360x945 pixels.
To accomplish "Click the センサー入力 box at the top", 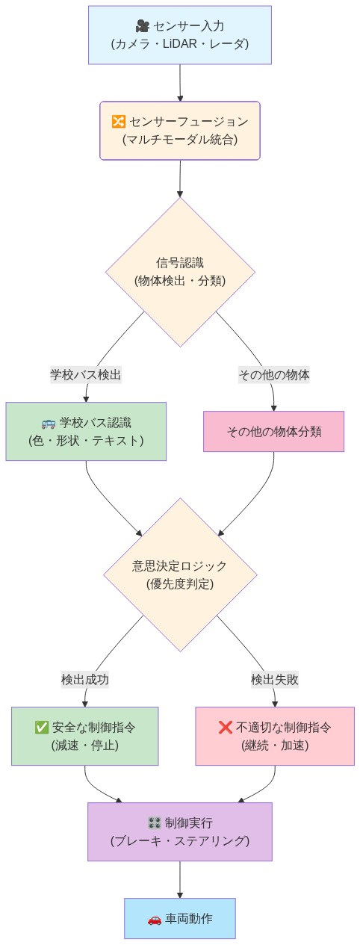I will pos(179,35).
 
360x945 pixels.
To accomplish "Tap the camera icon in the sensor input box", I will pos(142,27).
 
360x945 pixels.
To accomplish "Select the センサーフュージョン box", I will pos(179,131).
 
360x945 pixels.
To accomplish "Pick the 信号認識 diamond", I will pos(179,272).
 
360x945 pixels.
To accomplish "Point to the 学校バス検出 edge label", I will pos(85,374).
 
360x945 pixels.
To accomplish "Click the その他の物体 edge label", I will pos(273,374).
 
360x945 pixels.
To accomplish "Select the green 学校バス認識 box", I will pos(85,431).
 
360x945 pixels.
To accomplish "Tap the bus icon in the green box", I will pos(49,423).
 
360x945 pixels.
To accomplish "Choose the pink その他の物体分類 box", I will pos(273,432).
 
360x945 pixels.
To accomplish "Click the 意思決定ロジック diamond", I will pos(179,574).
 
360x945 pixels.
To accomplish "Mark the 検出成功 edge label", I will pos(85,679).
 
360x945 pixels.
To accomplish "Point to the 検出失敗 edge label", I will pos(274,679).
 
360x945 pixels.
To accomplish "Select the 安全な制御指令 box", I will pos(85,736).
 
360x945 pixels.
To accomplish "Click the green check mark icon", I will pos(42,727).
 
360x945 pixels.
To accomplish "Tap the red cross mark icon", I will pos(225,727).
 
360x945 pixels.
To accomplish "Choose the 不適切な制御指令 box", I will pos(274,736).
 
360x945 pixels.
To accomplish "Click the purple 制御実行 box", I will pos(179,831).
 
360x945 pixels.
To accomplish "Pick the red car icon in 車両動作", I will pos(155,919).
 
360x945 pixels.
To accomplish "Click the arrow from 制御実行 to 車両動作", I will pos(179,879).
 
